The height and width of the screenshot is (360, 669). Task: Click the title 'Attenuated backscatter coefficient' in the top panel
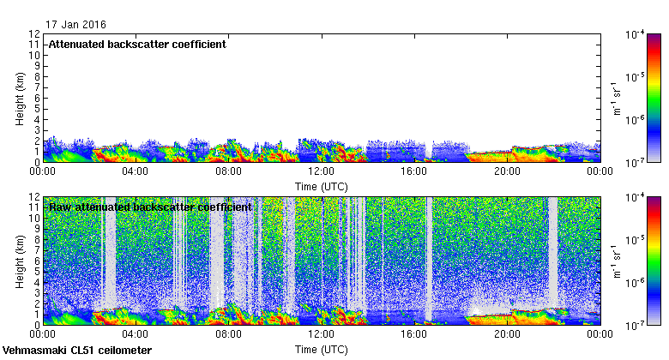(x=137, y=44)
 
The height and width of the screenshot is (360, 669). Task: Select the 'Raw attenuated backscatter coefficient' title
(x=150, y=207)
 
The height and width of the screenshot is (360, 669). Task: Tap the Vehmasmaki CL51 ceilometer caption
(x=77, y=351)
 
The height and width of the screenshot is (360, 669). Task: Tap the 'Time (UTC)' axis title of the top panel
(x=321, y=185)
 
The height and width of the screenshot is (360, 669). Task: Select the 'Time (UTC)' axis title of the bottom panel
(x=321, y=350)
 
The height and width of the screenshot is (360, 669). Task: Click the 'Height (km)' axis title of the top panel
(x=20, y=98)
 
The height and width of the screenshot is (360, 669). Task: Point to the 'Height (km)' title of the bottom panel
(x=20, y=261)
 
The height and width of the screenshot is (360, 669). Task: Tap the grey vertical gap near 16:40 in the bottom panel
(x=430, y=257)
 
